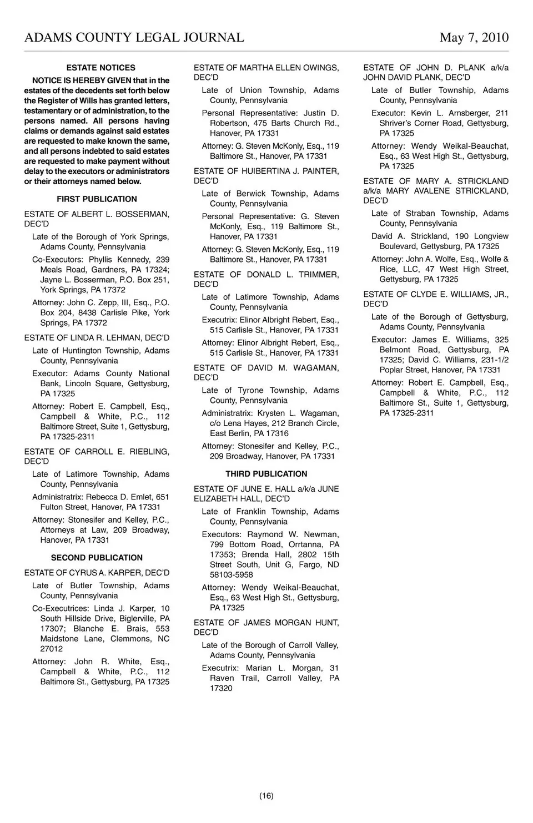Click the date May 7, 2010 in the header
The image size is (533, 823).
474,38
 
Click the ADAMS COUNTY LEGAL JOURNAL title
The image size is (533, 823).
134,38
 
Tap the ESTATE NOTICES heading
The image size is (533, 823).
100,68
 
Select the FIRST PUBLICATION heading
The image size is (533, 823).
97,199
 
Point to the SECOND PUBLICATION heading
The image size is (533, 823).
97,558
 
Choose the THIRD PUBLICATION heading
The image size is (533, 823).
266,474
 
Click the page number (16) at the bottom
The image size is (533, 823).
266,796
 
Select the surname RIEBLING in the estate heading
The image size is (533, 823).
150,452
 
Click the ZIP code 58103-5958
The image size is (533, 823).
232,575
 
